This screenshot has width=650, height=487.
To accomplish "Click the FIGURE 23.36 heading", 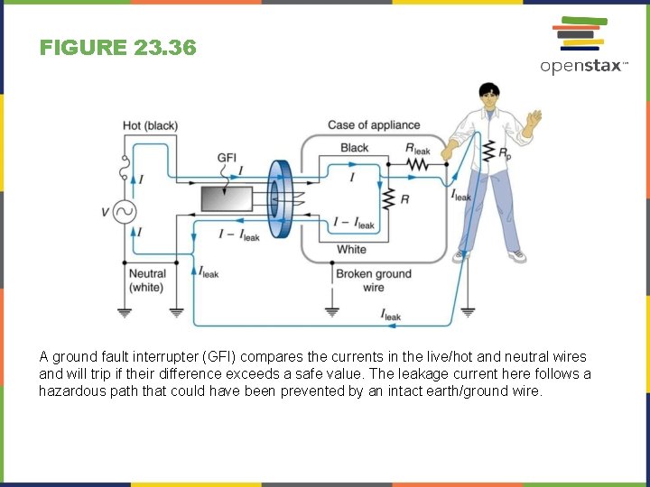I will point(117,48).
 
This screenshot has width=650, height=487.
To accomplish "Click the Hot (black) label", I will point(150,125).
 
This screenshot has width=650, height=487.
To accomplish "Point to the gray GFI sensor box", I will point(227,198).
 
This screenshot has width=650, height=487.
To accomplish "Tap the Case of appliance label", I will point(374,125).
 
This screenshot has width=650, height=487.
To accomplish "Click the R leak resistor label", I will point(418,149).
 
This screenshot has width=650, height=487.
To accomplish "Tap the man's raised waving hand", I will point(535,119).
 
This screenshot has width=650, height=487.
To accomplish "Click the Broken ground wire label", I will point(373,280).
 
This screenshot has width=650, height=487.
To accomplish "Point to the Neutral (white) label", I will point(147,280).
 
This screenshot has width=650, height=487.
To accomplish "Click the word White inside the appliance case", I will point(351,249).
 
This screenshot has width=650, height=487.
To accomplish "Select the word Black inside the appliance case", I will point(354,148).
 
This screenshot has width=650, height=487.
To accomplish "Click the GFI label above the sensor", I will point(227,159).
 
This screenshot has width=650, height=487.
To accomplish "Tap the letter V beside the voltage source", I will point(106,214).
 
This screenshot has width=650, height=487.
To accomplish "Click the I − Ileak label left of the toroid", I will point(238,234).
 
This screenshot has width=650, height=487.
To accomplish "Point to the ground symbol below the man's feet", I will point(468,313).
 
